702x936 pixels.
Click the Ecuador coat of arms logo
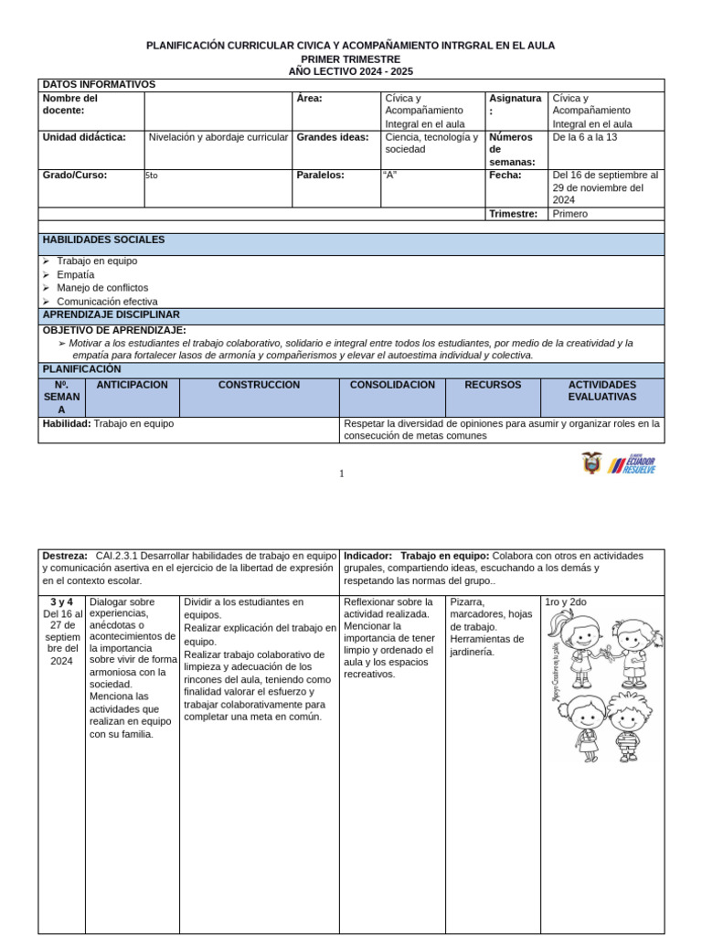point(591,463)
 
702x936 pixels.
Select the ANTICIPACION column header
point(133,385)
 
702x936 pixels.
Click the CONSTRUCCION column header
point(259,385)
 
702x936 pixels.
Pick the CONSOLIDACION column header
point(392,385)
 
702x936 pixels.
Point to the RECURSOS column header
point(493,385)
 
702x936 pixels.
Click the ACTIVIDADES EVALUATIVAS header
point(601,391)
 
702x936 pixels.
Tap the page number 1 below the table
point(341,473)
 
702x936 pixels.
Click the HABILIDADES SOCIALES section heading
point(103,239)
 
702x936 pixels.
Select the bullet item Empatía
point(75,274)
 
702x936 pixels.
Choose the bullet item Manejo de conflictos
point(102,288)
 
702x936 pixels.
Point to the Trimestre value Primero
point(570,214)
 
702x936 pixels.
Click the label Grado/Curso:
point(75,175)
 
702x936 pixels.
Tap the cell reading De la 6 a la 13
point(585,137)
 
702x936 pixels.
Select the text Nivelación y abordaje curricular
point(218,137)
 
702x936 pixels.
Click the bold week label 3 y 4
point(61,601)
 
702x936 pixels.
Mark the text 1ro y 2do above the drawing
point(565,601)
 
